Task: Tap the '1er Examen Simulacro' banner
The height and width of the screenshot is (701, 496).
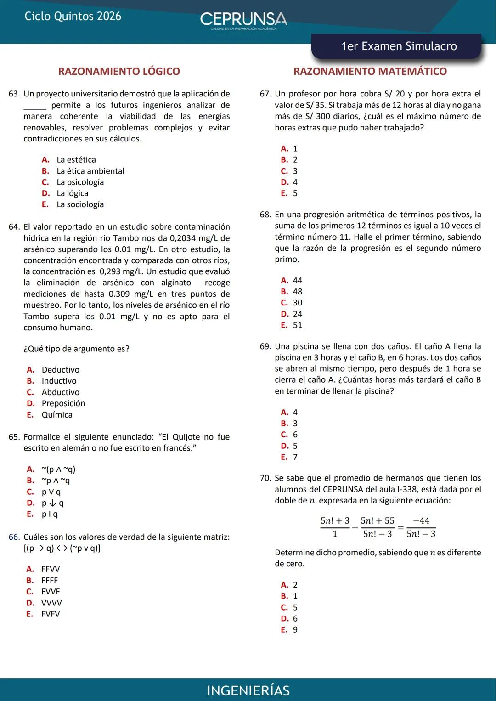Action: pyautogui.click(x=398, y=46)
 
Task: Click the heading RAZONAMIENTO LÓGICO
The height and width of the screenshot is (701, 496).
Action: pyautogui.click(x=119, y=72)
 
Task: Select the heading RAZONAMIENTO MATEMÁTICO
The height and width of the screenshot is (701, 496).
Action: pyautogui.click(x=370, y=72)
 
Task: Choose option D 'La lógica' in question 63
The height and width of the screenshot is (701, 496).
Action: pyautogui.click(x=72, y=193)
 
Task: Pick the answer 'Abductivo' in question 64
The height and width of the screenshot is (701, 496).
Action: pyautogui.click(x=60, y=392)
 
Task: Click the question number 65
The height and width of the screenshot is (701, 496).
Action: pyautogui.click(x=14, y=437)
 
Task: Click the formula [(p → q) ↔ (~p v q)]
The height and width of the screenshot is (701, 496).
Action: pyautogui.click(x=62, y=548)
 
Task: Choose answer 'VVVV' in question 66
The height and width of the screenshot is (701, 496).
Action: pyautogui.click(x=51, y=603)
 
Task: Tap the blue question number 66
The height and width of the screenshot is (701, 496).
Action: pyautogui.click(x=14, y=537)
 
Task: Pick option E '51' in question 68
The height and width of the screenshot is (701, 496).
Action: pyautogui.click(x=297, y=325)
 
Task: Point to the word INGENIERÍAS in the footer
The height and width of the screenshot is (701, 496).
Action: pyautogui.click(x=248, y=690)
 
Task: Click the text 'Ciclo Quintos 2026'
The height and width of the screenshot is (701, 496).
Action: pyautogui.click(x=73, y=17)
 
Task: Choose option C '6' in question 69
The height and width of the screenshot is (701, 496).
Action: pyautogui.click(x=295, y=435)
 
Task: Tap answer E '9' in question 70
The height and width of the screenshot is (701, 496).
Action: pyautogui.click(x=295, y=630)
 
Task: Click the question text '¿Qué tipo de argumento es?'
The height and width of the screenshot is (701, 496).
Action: pyautogui.click(x=76, y=349)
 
